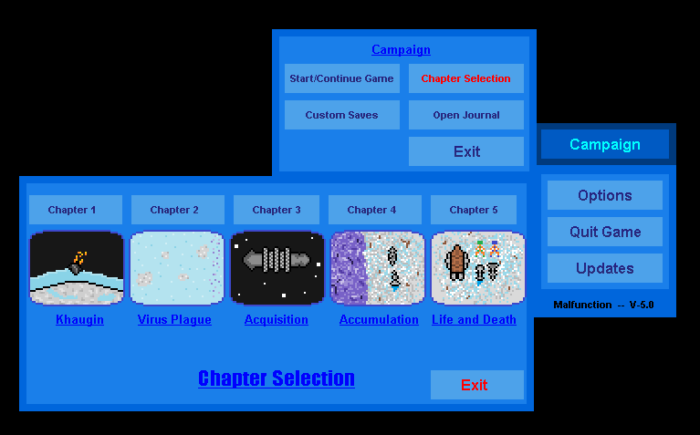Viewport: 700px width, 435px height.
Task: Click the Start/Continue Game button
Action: tap(342, 78)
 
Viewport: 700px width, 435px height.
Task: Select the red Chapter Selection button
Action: tap(466, 78)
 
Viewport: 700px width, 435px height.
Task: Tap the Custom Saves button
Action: tap(342, 115)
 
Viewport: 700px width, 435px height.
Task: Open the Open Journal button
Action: tap(466, 115)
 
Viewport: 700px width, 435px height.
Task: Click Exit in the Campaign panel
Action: tap(466, 151)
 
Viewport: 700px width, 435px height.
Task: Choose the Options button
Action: tap(605, 195)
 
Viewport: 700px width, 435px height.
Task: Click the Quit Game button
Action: tap(605, 232)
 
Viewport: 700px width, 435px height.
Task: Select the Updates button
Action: tap(605, 269)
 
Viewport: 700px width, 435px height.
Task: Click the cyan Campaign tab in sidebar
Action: tap(605, 144)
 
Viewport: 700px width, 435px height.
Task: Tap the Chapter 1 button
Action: tap(76, 210)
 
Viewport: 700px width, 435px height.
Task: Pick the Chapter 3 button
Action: tap(277, 210)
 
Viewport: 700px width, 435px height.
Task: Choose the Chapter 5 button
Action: tap(474, 210)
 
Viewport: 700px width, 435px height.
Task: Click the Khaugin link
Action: tap(80, 320)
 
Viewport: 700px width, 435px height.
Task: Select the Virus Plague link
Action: tap(174, 320)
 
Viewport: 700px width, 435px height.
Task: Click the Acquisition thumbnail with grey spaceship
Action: tap(277, 268)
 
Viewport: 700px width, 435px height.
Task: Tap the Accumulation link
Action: tap(379, 320)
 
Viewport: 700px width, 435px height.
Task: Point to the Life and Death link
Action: tap(474, 320)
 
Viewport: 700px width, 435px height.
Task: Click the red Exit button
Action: tap(476, 385)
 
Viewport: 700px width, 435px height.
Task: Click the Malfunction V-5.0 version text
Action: tap(603, 305)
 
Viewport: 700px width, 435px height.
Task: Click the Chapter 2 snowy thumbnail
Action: tap(177, 268)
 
